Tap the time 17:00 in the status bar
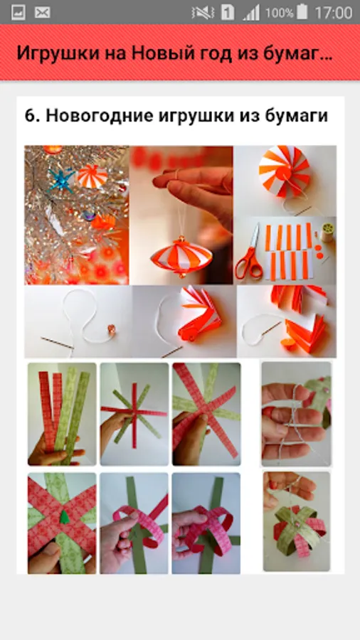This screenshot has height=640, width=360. [333, 13]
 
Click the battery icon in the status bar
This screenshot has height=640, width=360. [302, 12]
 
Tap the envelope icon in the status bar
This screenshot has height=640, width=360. [43, 12]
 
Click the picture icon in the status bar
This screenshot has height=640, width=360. [18, 12]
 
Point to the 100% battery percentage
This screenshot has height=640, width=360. [280, 13]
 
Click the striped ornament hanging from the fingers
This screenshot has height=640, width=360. [182, 256]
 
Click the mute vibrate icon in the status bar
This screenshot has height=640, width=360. [202, 13]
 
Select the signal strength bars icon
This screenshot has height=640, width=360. [251, 13]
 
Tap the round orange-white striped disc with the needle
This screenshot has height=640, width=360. [285, 170]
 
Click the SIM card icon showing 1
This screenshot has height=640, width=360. [228, 13]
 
